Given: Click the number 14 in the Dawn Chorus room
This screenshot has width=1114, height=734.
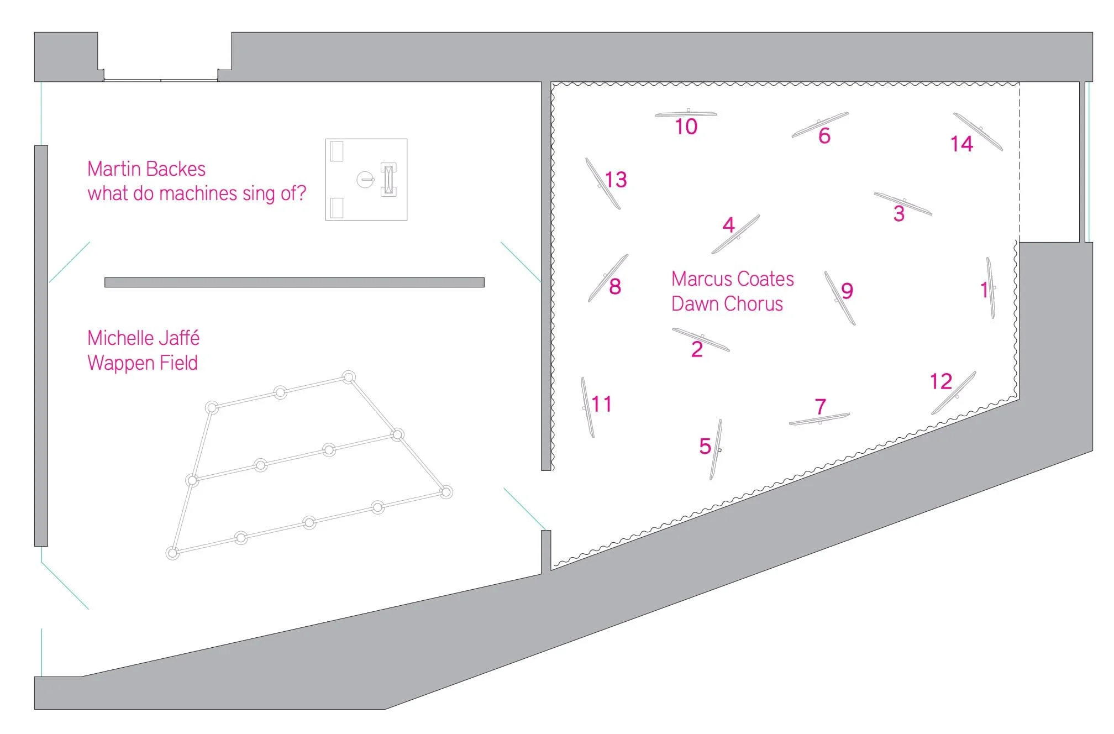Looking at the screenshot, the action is (x=961, y=144).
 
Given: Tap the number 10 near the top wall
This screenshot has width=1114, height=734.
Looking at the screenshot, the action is (x=686, y=127).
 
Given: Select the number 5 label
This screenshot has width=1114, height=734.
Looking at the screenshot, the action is (x=705, y=447).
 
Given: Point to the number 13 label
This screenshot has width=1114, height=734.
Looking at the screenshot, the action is (x=616, y=180).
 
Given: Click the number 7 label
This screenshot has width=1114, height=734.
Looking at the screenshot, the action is (x=821, y=407).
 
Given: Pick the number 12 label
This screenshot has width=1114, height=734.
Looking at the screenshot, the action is (x=940, y=381).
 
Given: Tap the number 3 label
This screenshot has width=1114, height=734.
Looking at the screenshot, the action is (x=898, y=214).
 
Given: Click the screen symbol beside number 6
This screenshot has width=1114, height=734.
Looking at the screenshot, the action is (x=820, y=125).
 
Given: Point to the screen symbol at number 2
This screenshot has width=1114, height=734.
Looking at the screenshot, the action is (x=701, y=339).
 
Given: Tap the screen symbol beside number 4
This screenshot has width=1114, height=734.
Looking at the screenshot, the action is (x=736, y=234).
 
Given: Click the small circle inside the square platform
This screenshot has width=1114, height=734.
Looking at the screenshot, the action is (x=365, y=179).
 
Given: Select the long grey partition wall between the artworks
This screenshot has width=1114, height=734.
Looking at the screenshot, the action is (x=294, y=282).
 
